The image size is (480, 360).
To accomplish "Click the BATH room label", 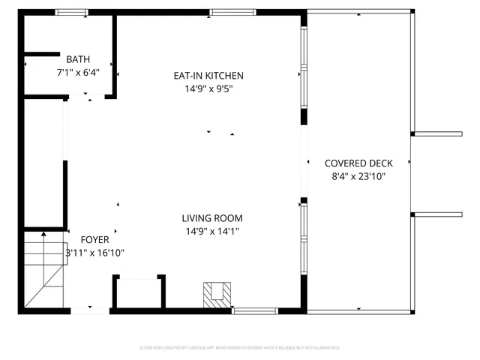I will point(78,59).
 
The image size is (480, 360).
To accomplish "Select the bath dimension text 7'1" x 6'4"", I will point(78,73).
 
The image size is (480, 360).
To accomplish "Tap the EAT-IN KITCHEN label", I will point(208,76).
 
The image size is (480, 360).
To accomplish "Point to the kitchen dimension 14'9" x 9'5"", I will point(208,89).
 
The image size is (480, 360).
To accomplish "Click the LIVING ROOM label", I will point(212,218).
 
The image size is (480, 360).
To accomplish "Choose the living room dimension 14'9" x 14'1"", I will point(212,232).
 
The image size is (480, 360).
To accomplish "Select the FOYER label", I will point(94,240).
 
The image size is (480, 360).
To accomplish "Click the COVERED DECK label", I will point(357,163).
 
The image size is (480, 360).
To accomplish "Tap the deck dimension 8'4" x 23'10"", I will point(358,177).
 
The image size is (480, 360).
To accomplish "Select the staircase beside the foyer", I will point(42,270).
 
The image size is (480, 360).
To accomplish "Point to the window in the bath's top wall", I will point(71,12).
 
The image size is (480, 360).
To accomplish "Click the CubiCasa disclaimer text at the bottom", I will point(240,348).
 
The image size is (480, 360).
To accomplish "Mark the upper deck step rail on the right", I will point(438,134).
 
